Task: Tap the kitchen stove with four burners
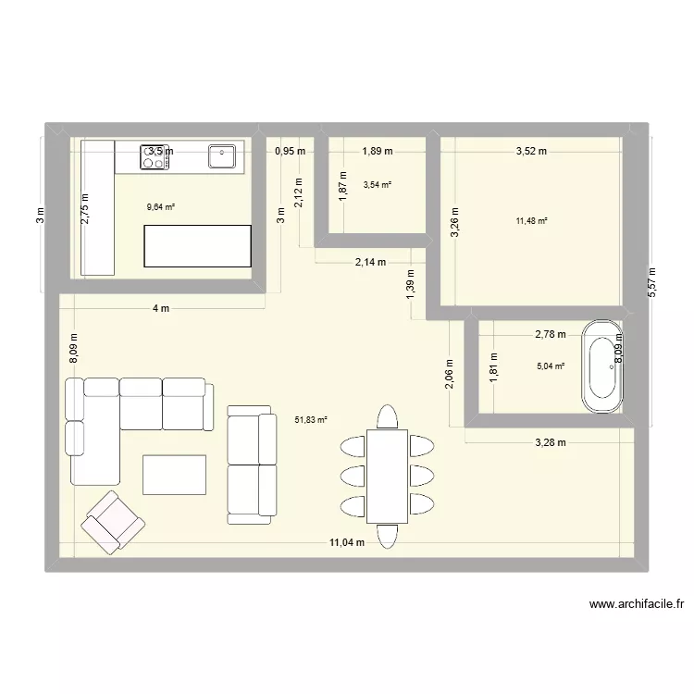tap(155, 157)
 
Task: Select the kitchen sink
tap(222, 156)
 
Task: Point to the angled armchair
tap(113, 521)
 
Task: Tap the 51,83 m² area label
tap(311, 419)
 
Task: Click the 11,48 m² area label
tap(532, 220)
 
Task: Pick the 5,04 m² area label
tap(550, 365)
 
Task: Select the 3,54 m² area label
tap(378, 184)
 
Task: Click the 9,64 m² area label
tap(161, 207)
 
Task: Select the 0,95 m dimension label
tap(290, 151)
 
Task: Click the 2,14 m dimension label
tap(370, 263)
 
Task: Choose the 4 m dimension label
tap(162, 308)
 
